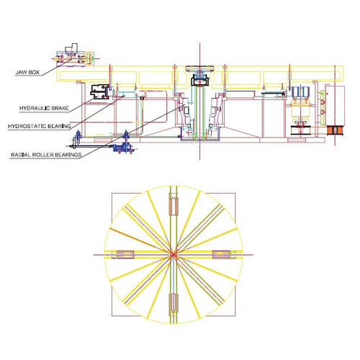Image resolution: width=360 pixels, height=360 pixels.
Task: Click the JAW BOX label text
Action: pos(27,72)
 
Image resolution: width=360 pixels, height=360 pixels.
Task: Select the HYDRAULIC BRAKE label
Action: pos(44,108)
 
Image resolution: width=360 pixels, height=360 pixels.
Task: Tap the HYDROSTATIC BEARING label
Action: pos(40,126)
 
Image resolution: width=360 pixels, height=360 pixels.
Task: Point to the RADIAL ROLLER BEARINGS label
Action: pos(46,155)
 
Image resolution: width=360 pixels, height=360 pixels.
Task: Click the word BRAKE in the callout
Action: pos(60,108)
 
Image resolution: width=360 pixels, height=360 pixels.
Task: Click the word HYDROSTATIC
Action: pos(27,126)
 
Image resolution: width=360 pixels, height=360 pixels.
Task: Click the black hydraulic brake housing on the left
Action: pos(99,91)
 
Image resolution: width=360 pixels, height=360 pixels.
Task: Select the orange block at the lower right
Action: pos(336,130)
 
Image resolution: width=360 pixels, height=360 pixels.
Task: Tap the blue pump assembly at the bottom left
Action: pos(122,146)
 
